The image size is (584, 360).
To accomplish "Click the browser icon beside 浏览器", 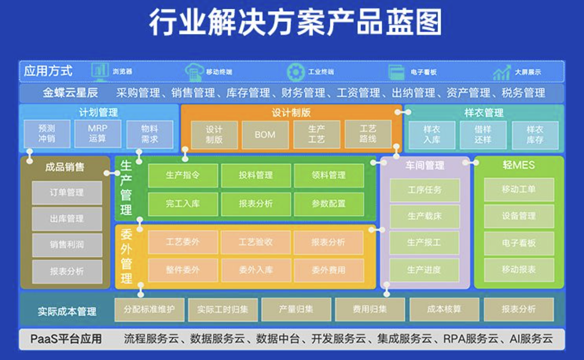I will coord(100,72).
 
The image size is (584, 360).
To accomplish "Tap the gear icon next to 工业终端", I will coord(296,72).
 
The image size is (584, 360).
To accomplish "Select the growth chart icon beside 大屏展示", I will coord(501,72).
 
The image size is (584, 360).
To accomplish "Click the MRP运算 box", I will coord(98,134).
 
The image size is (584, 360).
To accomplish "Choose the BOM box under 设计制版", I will coord(265,135).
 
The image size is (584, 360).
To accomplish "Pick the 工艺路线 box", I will coord(368,134).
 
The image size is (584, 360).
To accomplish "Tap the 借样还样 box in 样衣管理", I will coord(483,135).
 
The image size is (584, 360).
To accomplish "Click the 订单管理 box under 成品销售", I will coord(67,193).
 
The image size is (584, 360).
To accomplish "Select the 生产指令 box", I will coord(183,175).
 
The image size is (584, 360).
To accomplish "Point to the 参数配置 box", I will coord(329,204).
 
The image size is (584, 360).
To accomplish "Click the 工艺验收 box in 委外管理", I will coord(256,242).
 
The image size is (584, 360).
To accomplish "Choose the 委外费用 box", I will coord(329,270).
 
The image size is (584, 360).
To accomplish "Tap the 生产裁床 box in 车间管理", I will coord(425,217).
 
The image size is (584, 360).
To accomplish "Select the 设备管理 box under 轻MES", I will coord(519,217).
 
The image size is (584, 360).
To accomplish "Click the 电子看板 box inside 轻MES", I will coord(519,243).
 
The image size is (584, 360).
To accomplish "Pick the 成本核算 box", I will coord(444,310).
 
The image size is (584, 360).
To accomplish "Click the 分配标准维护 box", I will coord(149,310).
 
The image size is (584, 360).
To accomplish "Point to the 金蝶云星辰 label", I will coord(70,93).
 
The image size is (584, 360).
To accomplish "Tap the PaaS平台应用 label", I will coord(66,339).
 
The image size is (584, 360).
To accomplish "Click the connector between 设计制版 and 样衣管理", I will coord(403,112).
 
